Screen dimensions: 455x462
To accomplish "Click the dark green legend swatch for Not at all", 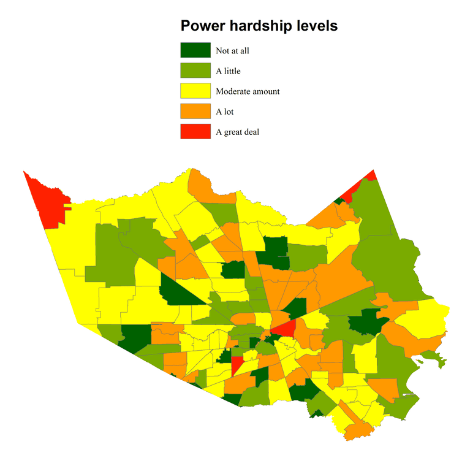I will (195, 50).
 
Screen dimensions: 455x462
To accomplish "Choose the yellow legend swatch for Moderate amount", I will (195, 91).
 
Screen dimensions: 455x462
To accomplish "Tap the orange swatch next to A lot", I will (195, 112).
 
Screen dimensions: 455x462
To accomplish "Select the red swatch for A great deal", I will (195, 132).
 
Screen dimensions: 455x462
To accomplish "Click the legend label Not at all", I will (232, 51).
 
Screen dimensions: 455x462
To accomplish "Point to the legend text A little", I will (228, 71).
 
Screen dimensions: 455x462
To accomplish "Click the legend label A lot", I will (225, 112).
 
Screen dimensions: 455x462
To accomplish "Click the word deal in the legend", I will (252, 132).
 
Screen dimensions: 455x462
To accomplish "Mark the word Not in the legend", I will (222, 51).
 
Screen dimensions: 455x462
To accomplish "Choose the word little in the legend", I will (232, 71).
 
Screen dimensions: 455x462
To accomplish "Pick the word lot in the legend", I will (229, 112).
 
